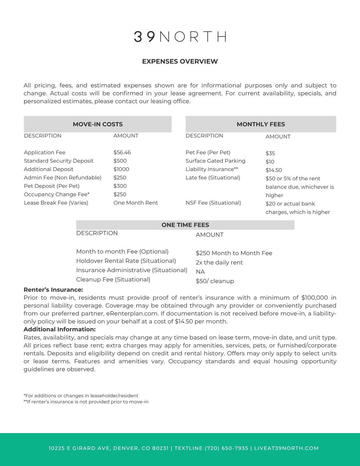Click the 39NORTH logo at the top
(x=180, y=37)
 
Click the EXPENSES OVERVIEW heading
(x=180, y=61)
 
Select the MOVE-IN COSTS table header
(x=98, y=124)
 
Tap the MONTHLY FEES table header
(x=261, y=124)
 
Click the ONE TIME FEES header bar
(x=185, y=225)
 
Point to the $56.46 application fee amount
(x=122, y=152)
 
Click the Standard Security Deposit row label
(x=58, y=161)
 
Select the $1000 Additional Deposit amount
(x=121, y=169)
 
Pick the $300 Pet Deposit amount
(x=120, y=186)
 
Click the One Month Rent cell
(x=136, y=203)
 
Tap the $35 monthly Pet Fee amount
(x=270, y=153)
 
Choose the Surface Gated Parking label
(x=215, y=161)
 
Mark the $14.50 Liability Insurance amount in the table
(x=274, y=170)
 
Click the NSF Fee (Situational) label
(x=213, y=203)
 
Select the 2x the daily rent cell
(x=219, y=262)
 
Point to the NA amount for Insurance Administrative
(x=200, y=272)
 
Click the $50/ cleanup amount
(x=215, y=281)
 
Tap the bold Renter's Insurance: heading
(x=53, y=290)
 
